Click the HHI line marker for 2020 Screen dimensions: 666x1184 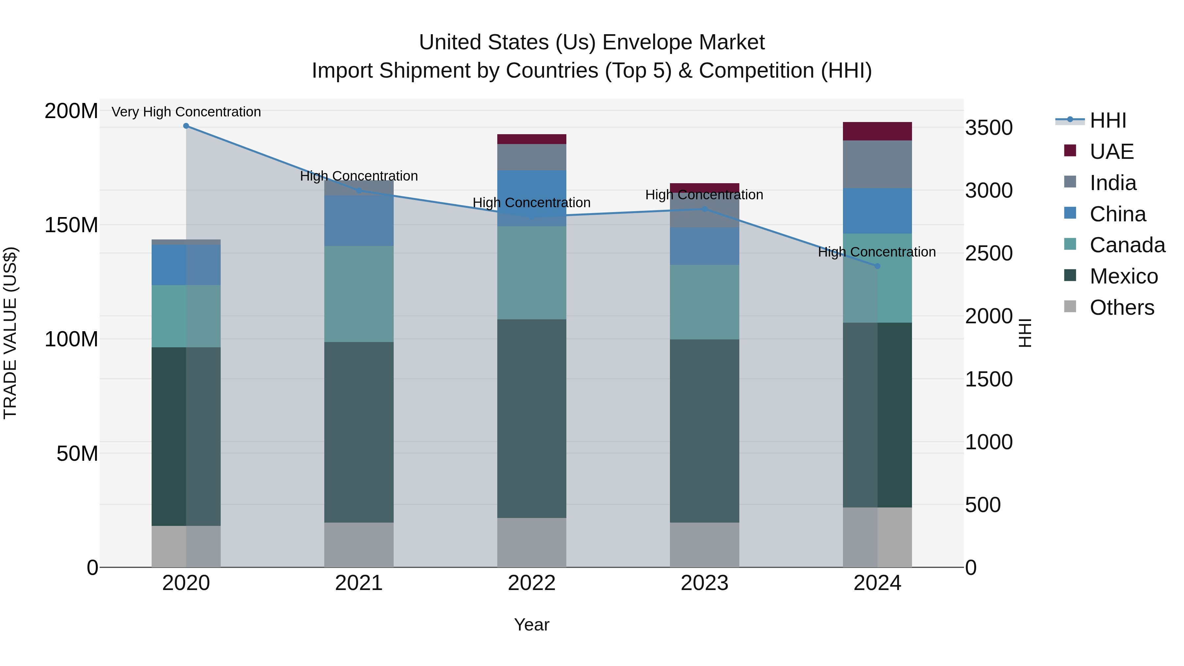click(186, 126)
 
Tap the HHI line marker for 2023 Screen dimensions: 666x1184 click(704, 209)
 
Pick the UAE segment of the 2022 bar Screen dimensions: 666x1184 click(531, 139)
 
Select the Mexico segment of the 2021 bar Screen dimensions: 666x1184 click(358, 432)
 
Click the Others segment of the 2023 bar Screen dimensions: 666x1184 click(704, 545)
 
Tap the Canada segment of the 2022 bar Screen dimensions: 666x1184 click(531, 273)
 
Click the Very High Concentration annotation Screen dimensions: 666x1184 click(186, 112)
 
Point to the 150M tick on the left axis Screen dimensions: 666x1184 click(71, 225)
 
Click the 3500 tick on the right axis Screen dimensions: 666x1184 click(989, 128)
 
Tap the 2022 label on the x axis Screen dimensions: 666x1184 click(531, 583)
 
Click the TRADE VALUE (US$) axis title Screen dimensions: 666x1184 click(10, 333)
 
